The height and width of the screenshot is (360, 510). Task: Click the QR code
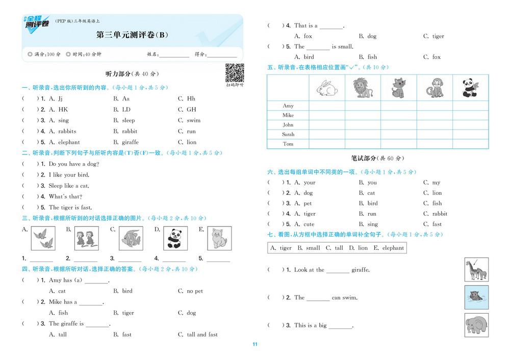tap(235, 73)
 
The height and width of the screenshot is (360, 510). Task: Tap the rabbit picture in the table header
tap(327, 88)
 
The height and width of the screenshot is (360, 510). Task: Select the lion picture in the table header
tap(363, 88)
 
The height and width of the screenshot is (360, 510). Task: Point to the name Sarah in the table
tap(288, 135)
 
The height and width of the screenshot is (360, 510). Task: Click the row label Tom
tap(288, 144)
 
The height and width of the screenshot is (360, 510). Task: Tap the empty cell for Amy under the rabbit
tap(327, 106)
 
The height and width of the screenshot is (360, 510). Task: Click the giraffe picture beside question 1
tap(476, 270)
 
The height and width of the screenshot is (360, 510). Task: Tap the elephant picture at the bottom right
tap(476, 325)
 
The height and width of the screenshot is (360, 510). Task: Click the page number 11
tap(255, 344)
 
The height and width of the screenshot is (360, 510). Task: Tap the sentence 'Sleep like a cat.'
tap(69, 186)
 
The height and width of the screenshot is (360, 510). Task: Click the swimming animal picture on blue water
tap(476, 297)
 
